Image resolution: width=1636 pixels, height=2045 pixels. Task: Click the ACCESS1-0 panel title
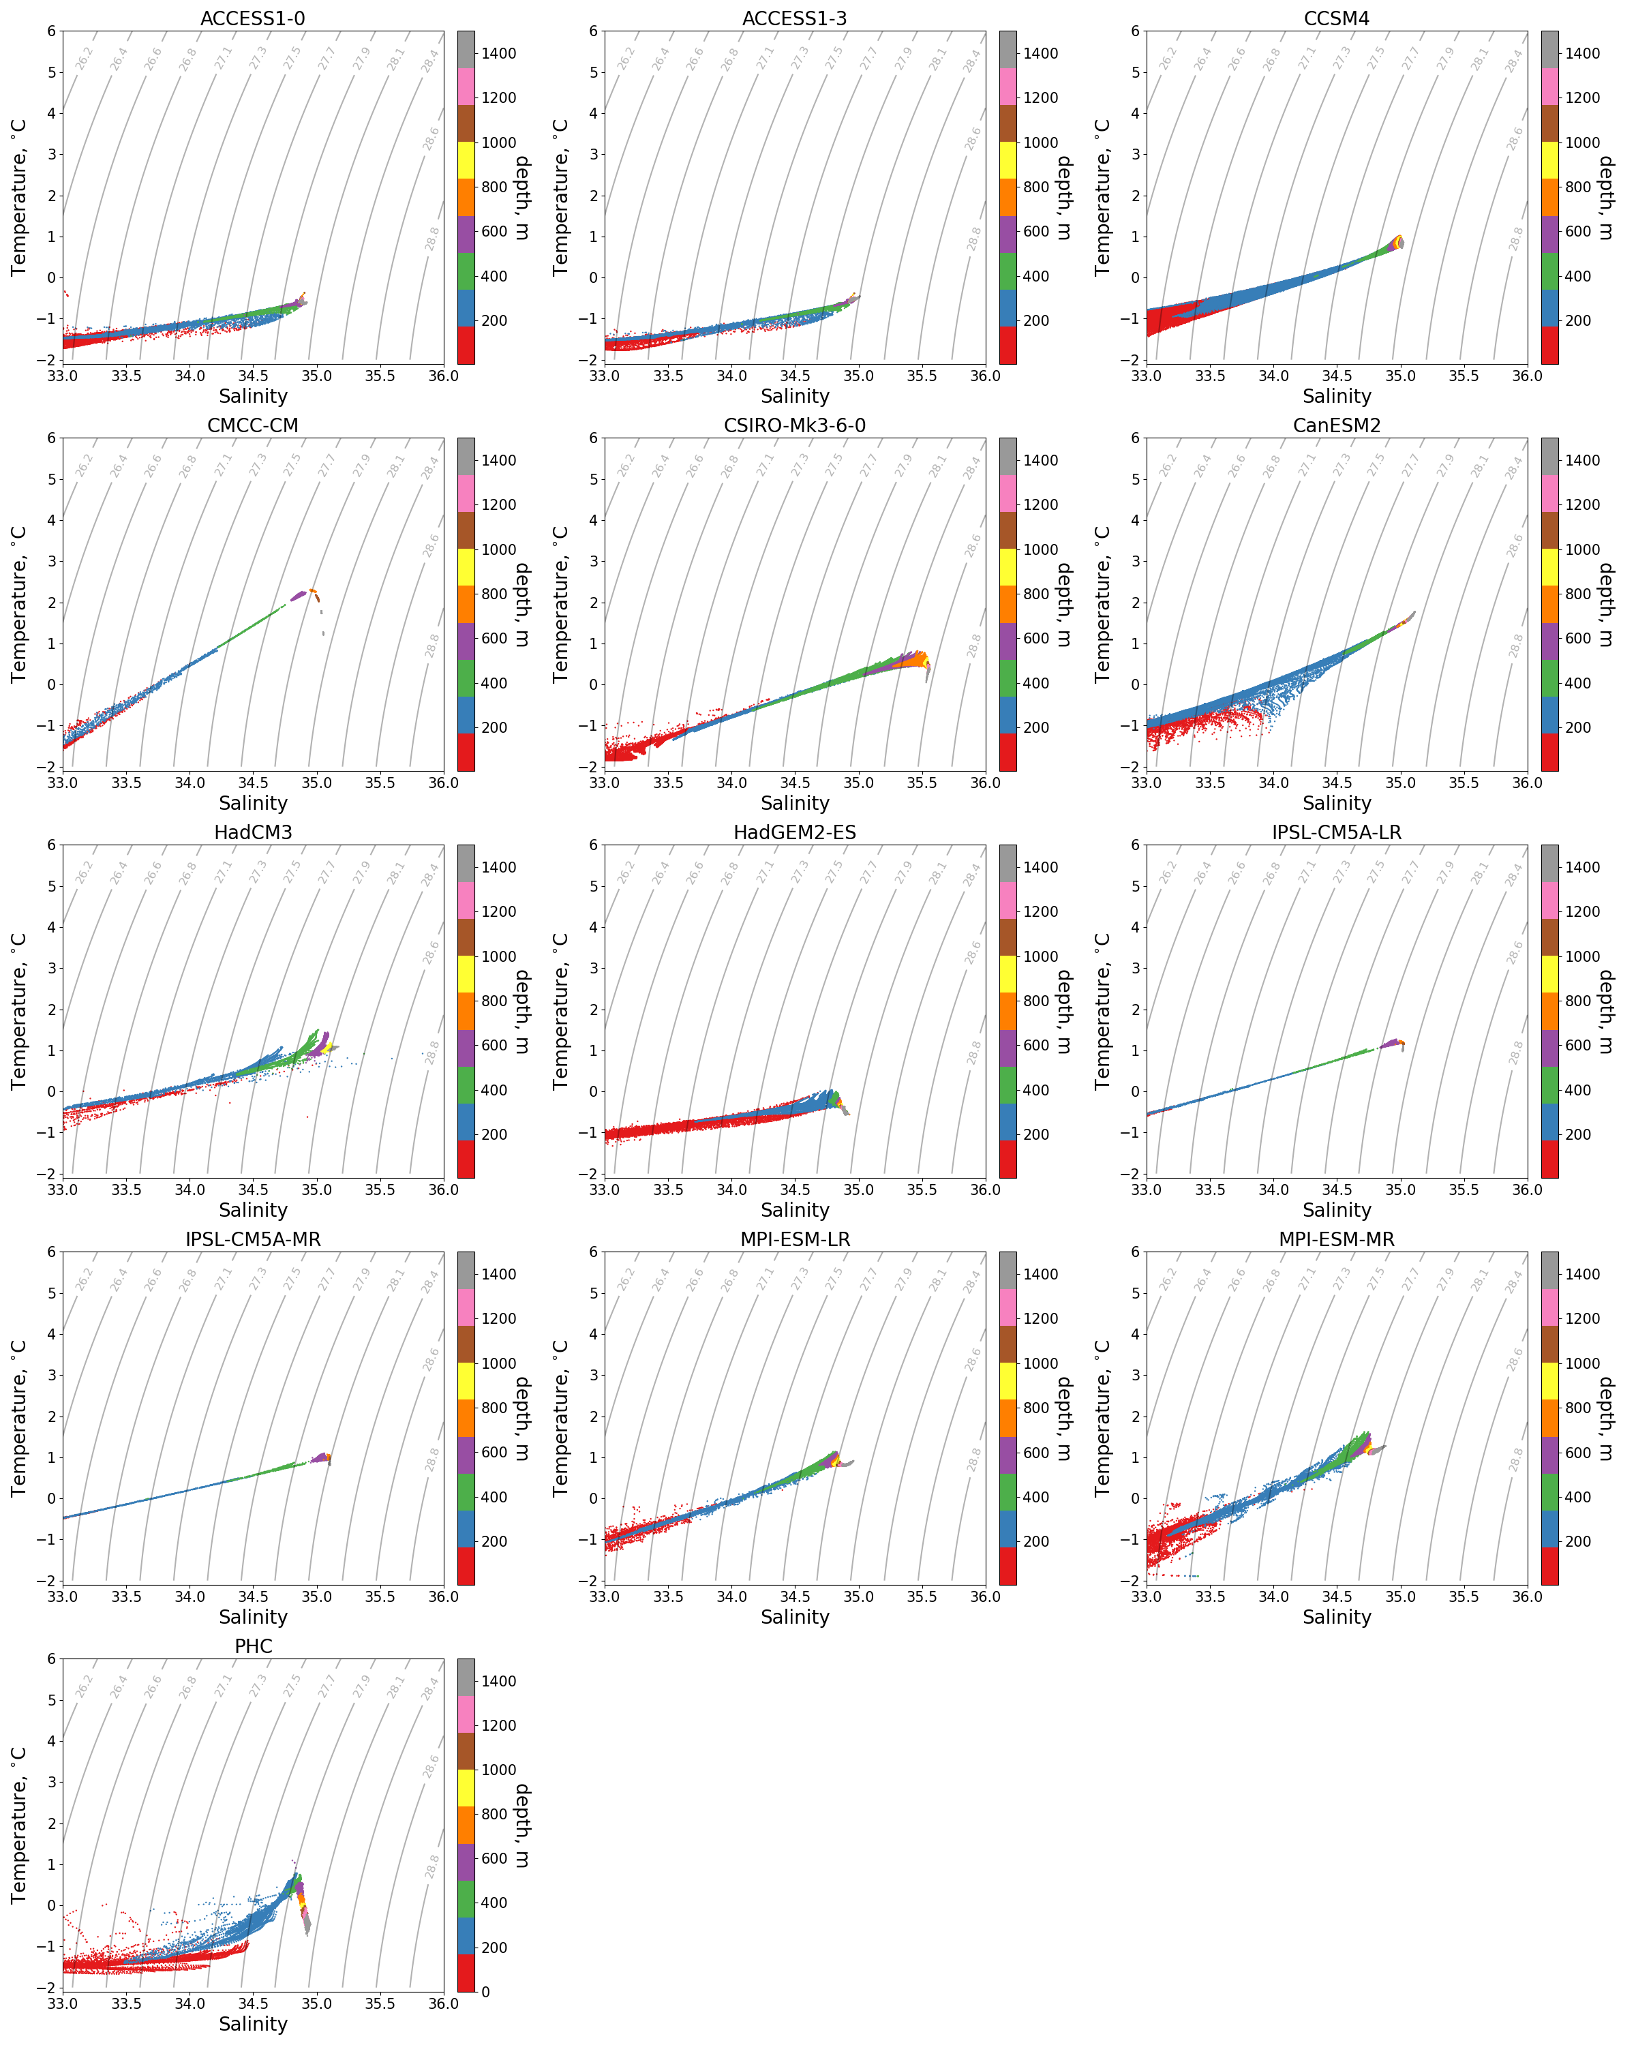pos(252,19)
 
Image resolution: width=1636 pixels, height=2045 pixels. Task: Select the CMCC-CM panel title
pos(252,426)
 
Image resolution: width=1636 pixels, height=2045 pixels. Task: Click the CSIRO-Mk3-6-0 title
pos(794,426)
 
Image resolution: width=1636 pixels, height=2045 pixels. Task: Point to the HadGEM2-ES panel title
pos(794,833)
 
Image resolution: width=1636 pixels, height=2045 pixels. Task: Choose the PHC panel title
pos(252,1647)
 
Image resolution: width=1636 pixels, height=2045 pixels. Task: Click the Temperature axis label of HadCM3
pos(19,1011)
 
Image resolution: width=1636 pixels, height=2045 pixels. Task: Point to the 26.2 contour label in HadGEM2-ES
pos(625,873)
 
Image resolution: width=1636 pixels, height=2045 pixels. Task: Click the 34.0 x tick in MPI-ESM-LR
pos(731,1597)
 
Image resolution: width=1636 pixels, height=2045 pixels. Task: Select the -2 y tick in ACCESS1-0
pos(49,361)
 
